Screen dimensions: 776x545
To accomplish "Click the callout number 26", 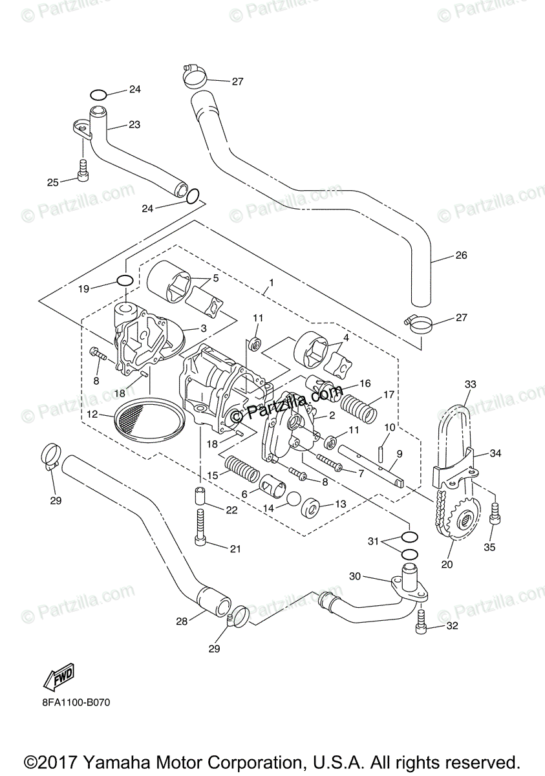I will click(460, 255).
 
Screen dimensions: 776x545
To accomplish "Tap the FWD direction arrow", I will click(58, 676).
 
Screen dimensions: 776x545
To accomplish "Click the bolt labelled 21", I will click(200, 528).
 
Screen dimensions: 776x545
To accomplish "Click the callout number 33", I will click(470, 384).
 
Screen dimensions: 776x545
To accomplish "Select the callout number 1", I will click(272, 283).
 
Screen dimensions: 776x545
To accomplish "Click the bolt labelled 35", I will click(495, 514).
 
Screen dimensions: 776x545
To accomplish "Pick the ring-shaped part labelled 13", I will click(312, 509).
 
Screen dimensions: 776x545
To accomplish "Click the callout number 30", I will click(355, 576).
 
